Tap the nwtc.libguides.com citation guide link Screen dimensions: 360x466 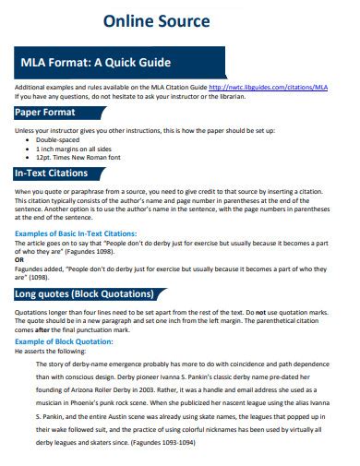[268, 88]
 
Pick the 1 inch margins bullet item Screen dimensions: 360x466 [75, 148]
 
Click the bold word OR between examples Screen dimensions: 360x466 [19, 259]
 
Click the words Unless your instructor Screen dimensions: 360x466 [45, 130]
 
